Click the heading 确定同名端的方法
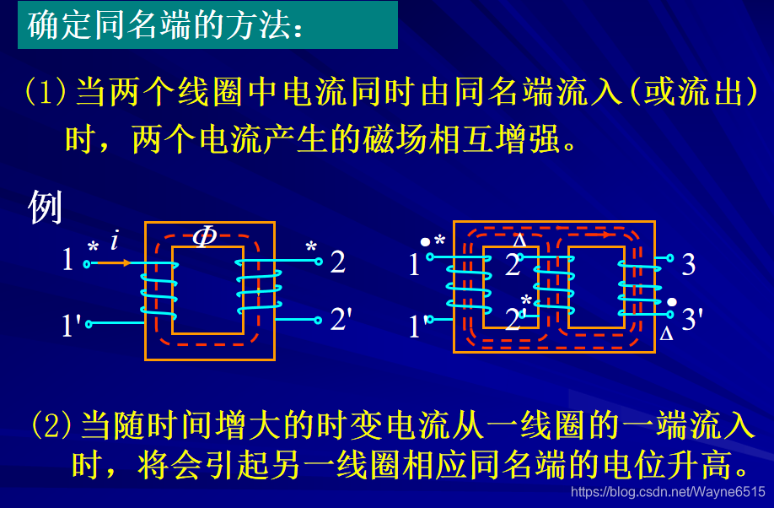click(164, 24)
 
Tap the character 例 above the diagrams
click(46, 207)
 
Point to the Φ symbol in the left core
click(204, 237)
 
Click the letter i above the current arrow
click(114, 240)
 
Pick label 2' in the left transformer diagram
click(341, 319)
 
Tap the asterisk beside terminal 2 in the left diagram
click(311, 248)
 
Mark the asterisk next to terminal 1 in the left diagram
click(93, 248)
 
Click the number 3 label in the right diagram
click(689, 264)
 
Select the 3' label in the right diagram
click(691, 319)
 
